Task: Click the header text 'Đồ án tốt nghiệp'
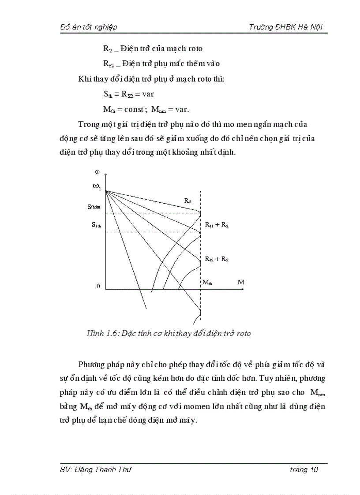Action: (88, 27)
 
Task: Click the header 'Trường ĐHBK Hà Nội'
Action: (286, 27)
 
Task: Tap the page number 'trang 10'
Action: (304, 469)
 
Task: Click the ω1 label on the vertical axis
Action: (97, 186)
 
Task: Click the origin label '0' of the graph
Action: (98, 286)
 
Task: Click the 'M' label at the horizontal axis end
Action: (240, 282)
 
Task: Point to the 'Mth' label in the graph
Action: (207, 282)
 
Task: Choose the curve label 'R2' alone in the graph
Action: (187, 201)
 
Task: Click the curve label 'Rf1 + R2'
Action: (217, 225)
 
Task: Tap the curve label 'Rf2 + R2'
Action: (217, 259)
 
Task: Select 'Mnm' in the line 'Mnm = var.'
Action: (158, 109)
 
